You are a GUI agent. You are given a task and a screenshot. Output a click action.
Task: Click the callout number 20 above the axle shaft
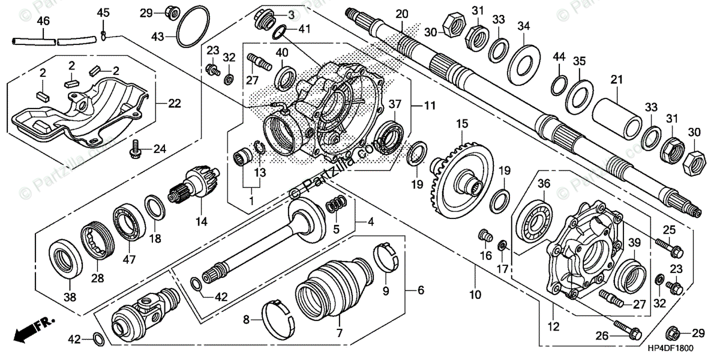401,14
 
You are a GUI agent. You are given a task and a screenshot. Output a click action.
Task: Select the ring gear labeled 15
461,173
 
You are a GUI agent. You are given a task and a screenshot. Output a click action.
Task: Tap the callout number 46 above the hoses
43,22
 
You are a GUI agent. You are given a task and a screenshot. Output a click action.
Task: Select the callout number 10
475,295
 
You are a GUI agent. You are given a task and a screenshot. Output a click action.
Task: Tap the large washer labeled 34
524,60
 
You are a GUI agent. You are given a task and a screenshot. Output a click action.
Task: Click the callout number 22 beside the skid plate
174,103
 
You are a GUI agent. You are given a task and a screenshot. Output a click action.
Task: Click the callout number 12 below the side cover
554,327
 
